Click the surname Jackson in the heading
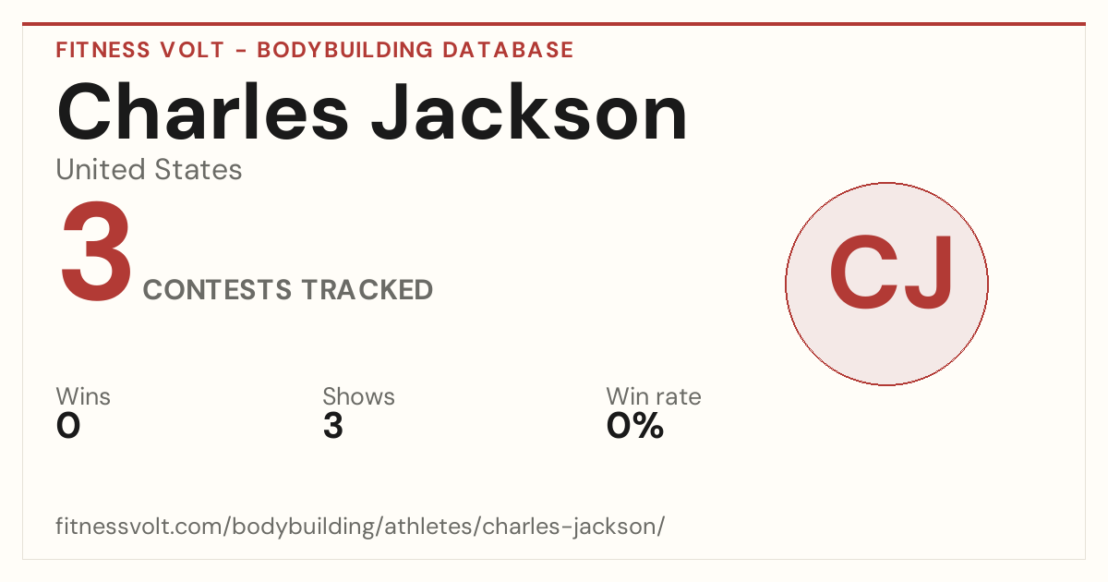[x=529, y=113]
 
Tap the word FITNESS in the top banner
[x=102, y=50]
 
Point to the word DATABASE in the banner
[x=508, y=50]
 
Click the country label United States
[x=149, y=169]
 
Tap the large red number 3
[x=96, y=251]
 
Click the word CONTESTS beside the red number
[x=217, y=289]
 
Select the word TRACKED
[x=367, y=289]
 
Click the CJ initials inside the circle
[x=890, y=273]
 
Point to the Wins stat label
[x=83, y=396]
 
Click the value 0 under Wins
[x=68, y=426]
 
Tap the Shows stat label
[x=358, y=396]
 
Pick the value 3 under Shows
[x=333, y=426]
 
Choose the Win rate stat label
[x=654, y=396]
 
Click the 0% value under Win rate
[x=635, y=426]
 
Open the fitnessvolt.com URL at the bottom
[x=360, y=526]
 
